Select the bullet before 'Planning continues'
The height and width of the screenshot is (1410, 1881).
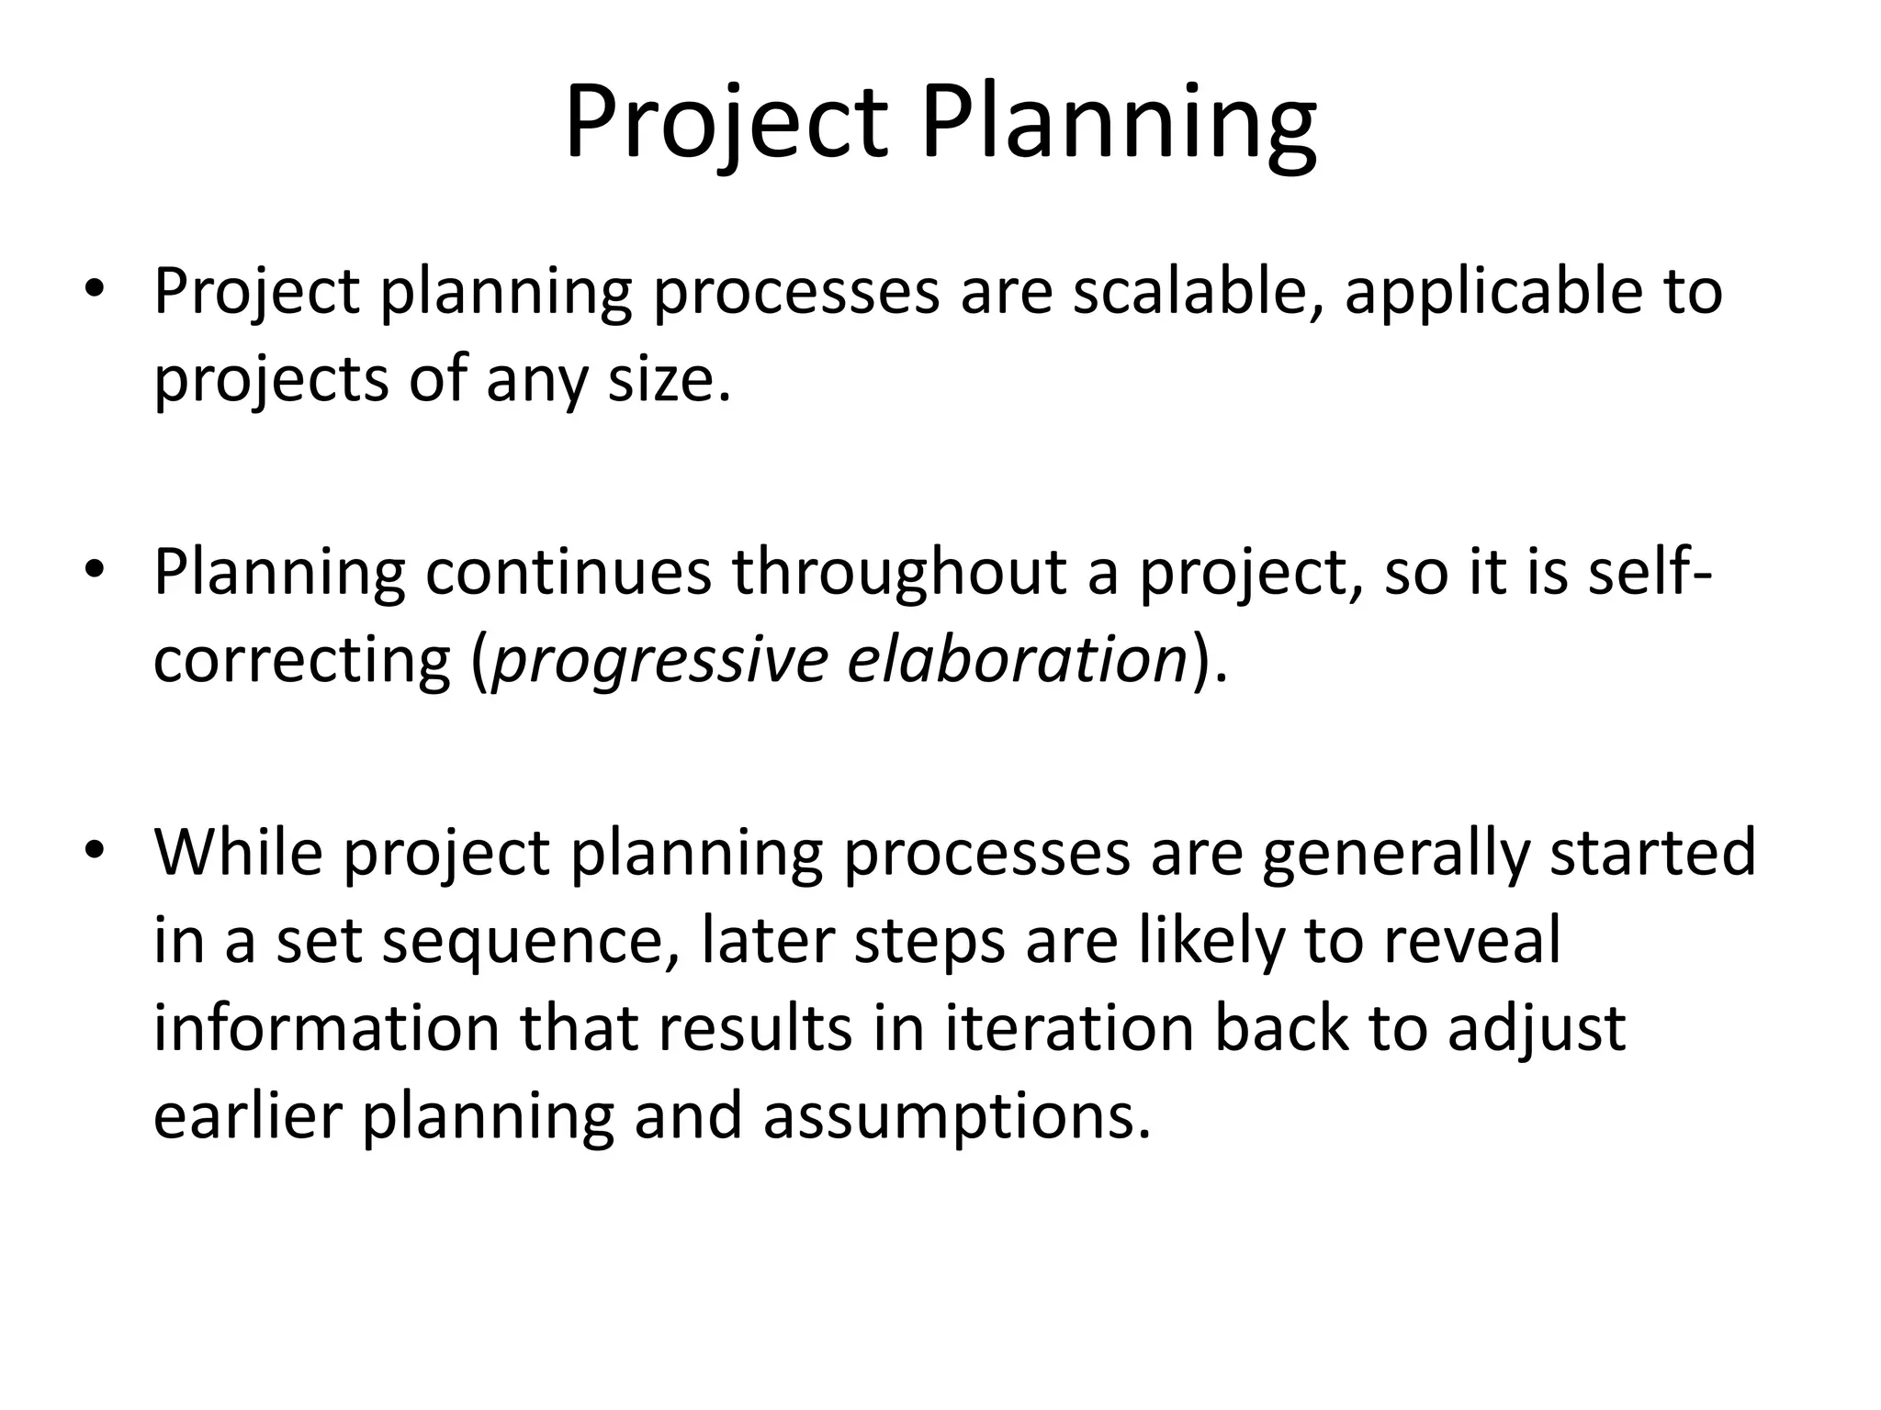tap(94, 571)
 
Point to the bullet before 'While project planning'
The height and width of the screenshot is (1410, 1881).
tap(94, 852)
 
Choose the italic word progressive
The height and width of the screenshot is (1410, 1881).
tap(659, 661)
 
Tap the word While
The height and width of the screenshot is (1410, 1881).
tap(239, 852)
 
